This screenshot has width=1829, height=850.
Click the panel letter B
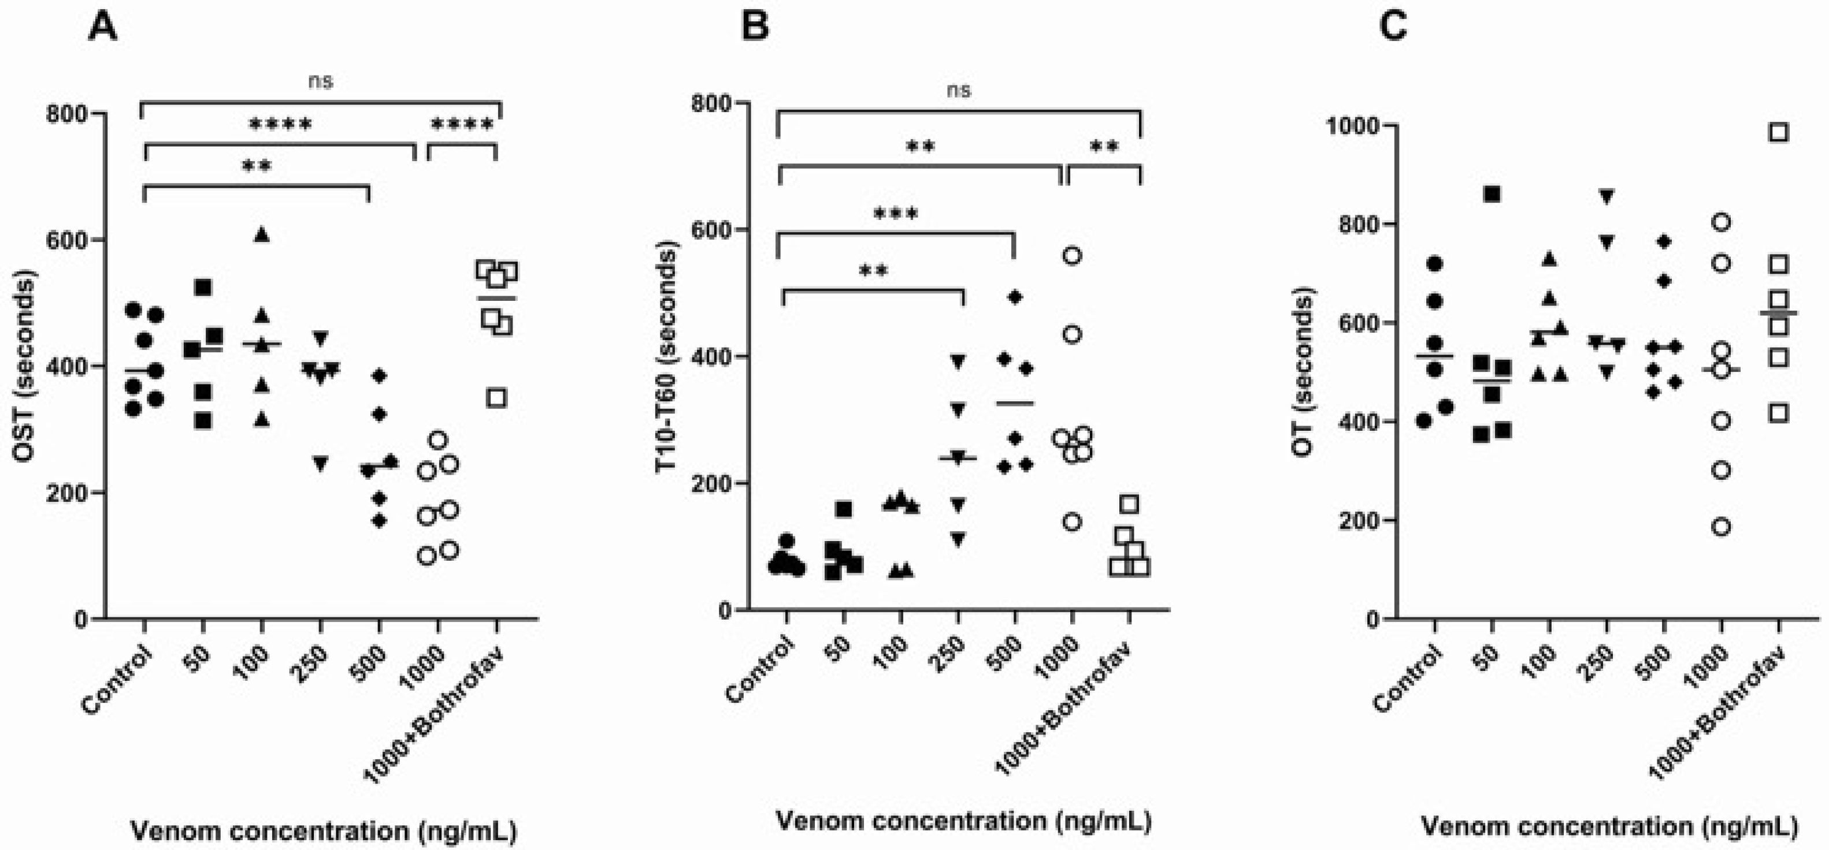(x=754, y=29)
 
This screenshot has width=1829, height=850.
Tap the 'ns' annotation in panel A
(x=320, y=81)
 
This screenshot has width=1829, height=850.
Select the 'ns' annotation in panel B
(x=959, y=90)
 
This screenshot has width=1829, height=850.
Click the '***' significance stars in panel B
(x=896, y=214)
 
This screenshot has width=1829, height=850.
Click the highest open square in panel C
(x=1779, y=133)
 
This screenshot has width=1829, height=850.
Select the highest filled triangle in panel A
(x=262, y=236)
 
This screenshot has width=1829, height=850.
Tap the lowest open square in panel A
(x=497, y=398)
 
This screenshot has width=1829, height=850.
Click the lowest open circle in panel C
(x=1721, y=527)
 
